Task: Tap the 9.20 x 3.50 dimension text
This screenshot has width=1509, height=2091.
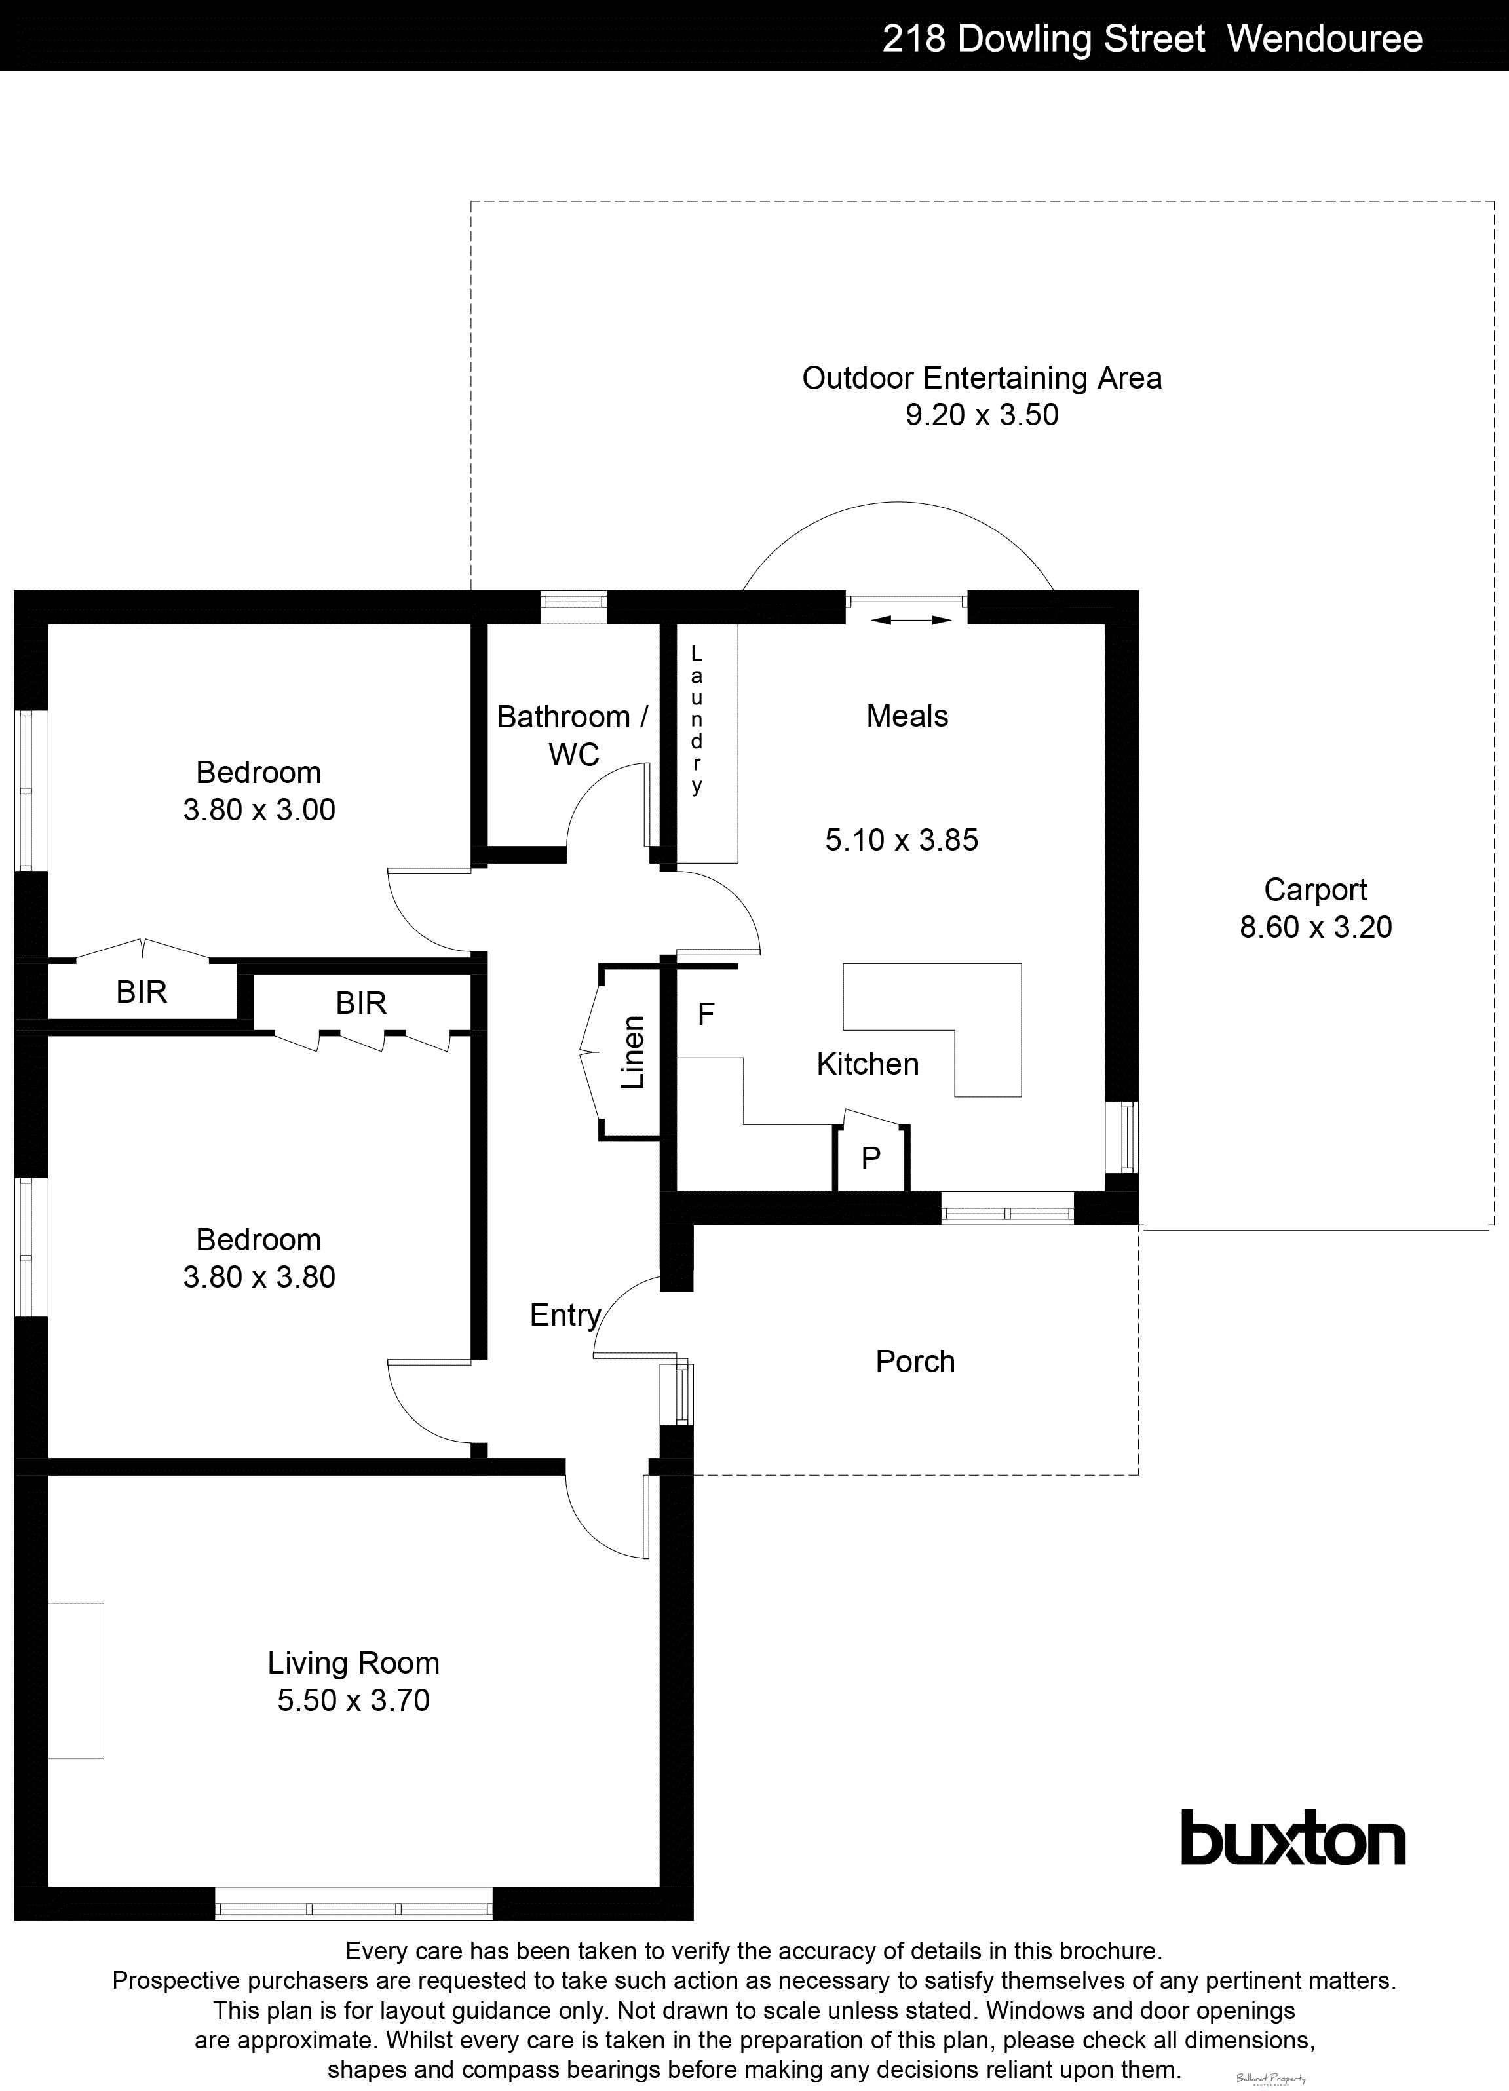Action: click(981, 415)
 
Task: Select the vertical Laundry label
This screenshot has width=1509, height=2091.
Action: click(697, 719)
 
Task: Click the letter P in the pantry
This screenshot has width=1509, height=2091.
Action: click(870, 1158)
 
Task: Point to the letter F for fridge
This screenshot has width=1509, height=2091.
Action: click(706, 1015)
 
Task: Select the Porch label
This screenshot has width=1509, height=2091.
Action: click(915, 1362)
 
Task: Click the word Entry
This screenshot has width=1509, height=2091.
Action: click(564, 1314)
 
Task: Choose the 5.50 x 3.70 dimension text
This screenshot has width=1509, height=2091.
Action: click(353, 1700)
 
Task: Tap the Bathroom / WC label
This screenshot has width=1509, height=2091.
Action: click(573, 735)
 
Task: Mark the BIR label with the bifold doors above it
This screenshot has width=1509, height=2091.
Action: click(141, 992)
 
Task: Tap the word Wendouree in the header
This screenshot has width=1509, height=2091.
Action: click(1325, 39)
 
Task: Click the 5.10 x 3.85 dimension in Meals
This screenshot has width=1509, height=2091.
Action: click(902, 840)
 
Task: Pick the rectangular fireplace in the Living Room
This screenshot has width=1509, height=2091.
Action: click(75, 1681)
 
